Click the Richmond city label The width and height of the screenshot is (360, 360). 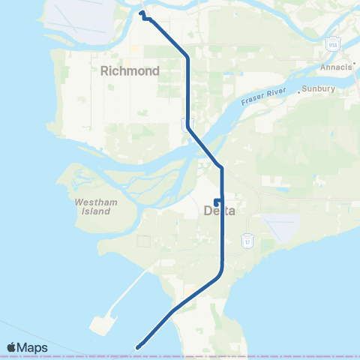pyautogui.click(x=130, y=71)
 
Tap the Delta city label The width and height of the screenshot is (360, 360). pyautogui.click(x=220, y=211)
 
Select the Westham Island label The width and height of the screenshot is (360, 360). pyautogui.click(x=92, y=206)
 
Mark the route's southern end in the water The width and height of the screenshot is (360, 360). pyautogui.click(x=138, y=346)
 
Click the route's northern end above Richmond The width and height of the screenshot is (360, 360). pyautogui.click(x=142, y=12)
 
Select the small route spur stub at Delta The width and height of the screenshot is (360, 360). pyautogui.click(x=216, y=201)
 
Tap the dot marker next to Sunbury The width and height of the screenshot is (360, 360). pyautogui.click(x=299, y=91)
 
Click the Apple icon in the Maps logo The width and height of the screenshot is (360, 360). pyautogui.click(x=12, y=347)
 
